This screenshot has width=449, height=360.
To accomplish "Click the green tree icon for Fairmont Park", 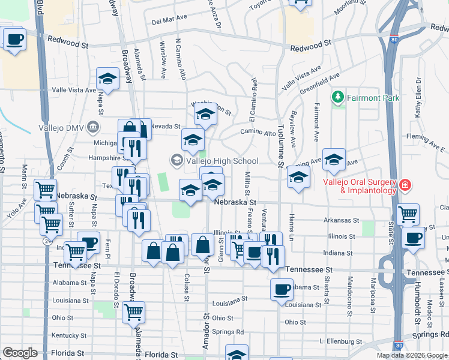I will click(339, 96).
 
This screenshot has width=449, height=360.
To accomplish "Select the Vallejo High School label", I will click(222, 160).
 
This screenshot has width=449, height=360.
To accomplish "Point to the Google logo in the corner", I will click(20, 353).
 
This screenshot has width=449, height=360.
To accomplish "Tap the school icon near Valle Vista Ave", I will click(108, 78).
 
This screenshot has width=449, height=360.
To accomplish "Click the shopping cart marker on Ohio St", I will click(133, 312).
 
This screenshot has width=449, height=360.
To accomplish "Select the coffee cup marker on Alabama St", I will click(281, 290).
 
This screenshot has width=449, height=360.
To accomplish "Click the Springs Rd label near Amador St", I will click(231, 332).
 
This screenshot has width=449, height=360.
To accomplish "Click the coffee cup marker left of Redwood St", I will click(14, 40).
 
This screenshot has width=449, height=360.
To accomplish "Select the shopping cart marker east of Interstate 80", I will click(408, 214).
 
